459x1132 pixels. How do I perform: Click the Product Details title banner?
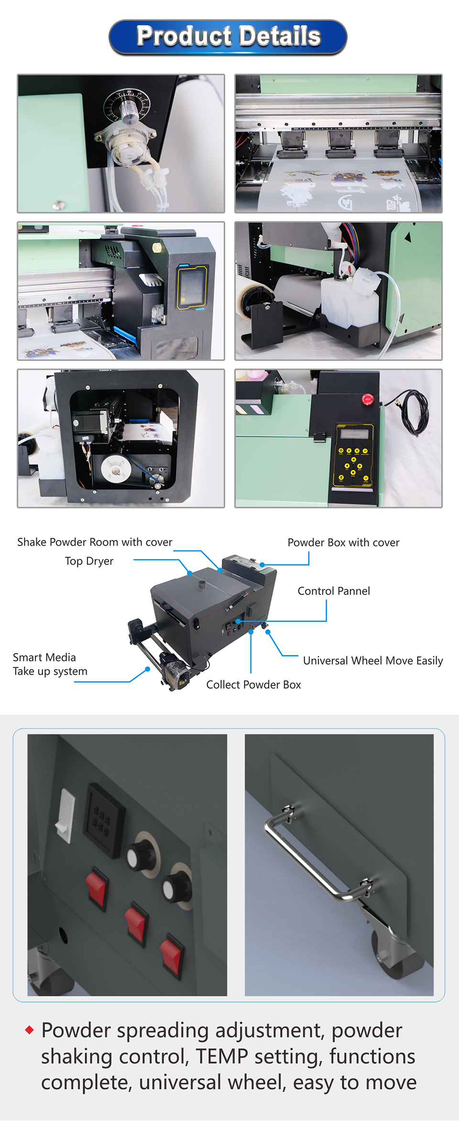tap(228, 37)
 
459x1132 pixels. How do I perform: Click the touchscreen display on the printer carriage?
tap(192, 286)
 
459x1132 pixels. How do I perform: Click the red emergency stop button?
tap(367, 400)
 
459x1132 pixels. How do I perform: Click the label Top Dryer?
tap(89, 561)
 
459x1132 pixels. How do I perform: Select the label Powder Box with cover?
tap(343, 542)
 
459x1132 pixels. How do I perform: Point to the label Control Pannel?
tap(334, 591)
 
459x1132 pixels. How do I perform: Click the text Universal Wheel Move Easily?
tap(373, 661)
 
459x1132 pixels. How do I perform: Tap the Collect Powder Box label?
tap(253, 684)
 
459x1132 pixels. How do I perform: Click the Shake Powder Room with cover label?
tap(95, 542)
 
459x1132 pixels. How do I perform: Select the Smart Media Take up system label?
tap(50, 664)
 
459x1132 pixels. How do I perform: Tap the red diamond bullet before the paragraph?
tap(30, 1029)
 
